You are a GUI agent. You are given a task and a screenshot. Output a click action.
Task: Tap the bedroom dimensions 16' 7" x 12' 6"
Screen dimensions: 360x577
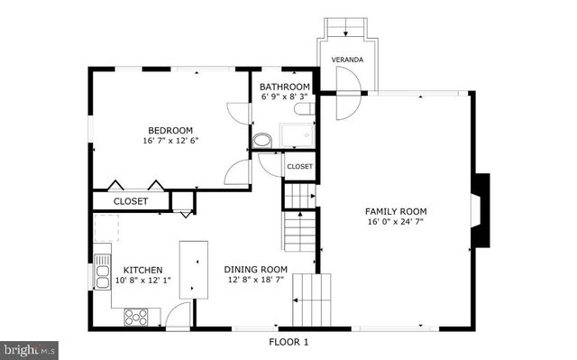click(x=170, y=141)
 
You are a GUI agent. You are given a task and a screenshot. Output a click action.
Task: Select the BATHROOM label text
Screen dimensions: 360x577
click(x=286, y=86)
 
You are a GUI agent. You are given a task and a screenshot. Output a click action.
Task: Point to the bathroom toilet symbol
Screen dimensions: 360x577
click(x=262, y=141)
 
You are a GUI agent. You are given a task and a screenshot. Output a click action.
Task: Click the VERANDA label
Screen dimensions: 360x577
click(x=347, y=59)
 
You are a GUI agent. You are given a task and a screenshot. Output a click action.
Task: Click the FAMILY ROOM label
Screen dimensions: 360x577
click(x=396, y=210)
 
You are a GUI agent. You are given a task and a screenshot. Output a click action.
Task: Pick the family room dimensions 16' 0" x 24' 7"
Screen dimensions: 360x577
click(x=396, y=222)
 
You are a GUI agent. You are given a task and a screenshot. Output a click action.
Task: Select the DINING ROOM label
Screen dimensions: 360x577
click(x=255, y=269)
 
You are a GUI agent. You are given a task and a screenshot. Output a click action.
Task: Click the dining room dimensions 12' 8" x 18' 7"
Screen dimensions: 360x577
click(x=255, y=280)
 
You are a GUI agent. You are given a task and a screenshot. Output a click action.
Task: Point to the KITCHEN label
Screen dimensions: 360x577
click(x=142, y=270)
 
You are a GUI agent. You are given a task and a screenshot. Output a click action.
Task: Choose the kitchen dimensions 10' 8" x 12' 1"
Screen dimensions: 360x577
click(x=142, y=281)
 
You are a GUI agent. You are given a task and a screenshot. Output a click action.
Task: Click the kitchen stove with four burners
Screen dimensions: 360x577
click(x=137, y=316)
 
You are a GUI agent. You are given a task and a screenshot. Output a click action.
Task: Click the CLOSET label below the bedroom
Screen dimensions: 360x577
click(x=131, y=201)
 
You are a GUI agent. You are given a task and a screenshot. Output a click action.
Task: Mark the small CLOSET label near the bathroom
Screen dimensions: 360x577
click(x=299, y=167)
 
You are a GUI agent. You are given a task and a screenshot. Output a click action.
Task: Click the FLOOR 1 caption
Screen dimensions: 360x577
click(x=288, y=342)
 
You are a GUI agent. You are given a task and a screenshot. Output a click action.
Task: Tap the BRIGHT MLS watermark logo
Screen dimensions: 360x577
click(x=30, y=347)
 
